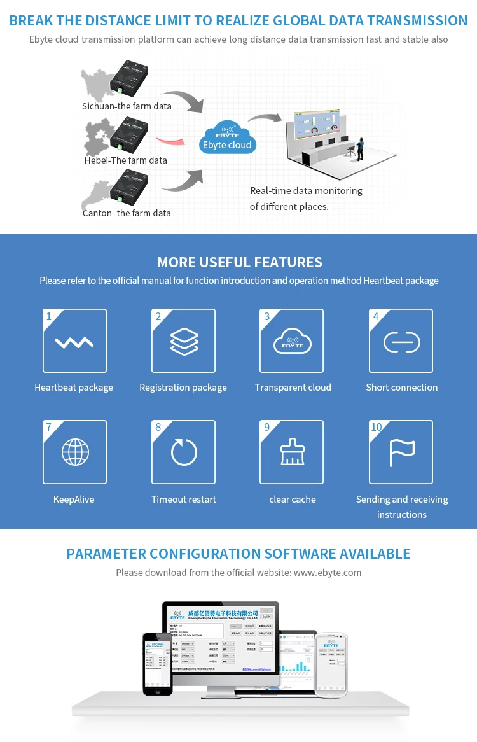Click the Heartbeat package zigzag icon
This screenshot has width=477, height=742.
[74, 342]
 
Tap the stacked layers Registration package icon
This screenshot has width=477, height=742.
[184, 341]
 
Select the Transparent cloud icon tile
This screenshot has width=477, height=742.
[292, 341]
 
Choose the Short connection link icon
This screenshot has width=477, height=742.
[401, 342]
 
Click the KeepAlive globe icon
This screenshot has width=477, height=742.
[74, 452]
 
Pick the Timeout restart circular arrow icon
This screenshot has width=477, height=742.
[184, 452]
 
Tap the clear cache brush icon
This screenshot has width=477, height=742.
[292, 452]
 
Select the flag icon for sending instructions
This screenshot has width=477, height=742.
[401, 452]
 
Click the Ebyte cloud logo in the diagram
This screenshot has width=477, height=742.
[227, 137]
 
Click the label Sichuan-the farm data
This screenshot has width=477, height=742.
[127, 106]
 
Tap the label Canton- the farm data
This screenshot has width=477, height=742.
[127, 213]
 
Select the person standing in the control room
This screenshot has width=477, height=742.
[360, 148]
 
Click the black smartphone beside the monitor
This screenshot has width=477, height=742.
[157, 663]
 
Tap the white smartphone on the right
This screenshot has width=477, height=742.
[331, 664]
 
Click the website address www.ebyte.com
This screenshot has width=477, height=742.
[328, 573]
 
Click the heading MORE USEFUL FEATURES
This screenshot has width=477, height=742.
[239, 262]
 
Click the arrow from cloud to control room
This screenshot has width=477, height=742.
[266, 118]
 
